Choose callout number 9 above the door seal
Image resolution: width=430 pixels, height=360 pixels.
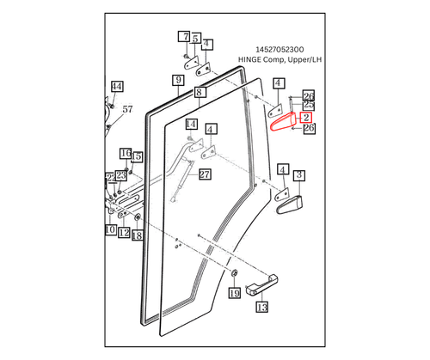click(x=178, y=82)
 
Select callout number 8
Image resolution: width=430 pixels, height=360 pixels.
click(x=199, y=92)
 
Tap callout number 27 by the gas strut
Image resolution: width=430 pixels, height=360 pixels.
click(x=205, y=174)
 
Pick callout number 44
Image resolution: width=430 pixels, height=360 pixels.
click(x=117, y=87)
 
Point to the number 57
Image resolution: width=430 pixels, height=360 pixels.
click(x=127, y=109)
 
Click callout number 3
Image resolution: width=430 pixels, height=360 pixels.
click(x=299, y=175)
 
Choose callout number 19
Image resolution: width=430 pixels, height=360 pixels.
click(x=234, y=293)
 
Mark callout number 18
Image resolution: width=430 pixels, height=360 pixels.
click(x=136, y=235)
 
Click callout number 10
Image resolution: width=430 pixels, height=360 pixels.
click(x=110, y=230)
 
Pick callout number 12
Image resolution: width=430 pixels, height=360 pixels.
click(x=124, y=233)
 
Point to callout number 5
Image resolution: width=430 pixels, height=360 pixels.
click(x=196, y=40)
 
